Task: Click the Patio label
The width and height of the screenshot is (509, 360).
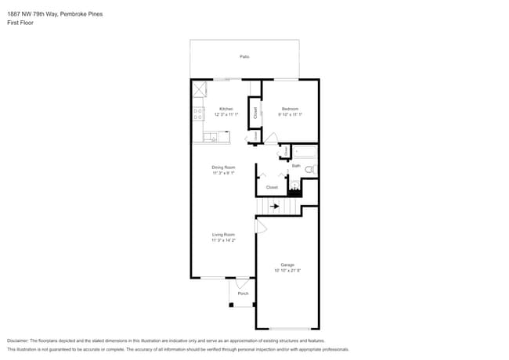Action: [244, 57]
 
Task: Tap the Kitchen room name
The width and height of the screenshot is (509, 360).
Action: [226, 109]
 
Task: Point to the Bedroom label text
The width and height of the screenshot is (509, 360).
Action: [290, 109]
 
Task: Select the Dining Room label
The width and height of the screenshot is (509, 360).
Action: [223, 167]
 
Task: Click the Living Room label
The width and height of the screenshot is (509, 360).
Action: [223, 235]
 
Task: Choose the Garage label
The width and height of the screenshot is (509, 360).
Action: [287, 265]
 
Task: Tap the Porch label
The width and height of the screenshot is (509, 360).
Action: [243, 293]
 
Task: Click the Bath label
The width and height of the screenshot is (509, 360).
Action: [296, 166]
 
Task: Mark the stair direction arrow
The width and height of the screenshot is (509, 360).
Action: [274, 207]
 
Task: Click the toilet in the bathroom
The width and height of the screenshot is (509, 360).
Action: [309, 169]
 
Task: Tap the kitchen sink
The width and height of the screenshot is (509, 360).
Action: [210, 138]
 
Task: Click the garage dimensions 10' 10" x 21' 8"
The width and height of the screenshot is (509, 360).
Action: [287, 271]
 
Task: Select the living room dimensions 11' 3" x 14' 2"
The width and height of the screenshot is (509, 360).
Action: [223, 241]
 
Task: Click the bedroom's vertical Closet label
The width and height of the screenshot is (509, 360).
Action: [255, 112]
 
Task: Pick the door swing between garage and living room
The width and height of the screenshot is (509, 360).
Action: [262, 226]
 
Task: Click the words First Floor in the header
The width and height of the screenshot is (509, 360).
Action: [20, 23]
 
